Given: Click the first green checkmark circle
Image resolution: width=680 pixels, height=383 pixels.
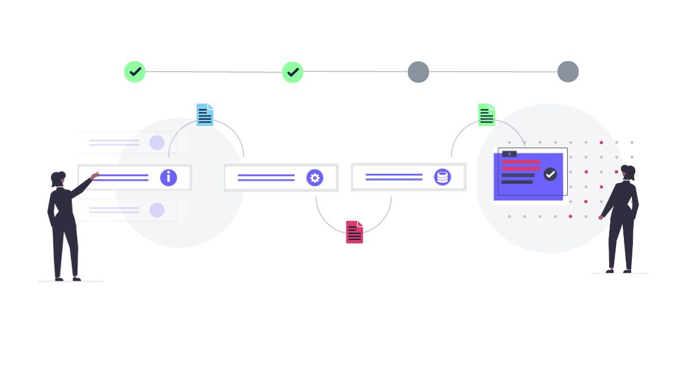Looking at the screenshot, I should tap(135, 72).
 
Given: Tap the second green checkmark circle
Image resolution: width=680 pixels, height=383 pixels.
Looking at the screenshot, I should tap(293, 72).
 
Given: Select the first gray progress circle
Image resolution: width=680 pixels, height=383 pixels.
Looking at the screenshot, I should tap(418, 72).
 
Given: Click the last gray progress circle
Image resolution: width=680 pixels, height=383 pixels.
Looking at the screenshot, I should tap(568, 72).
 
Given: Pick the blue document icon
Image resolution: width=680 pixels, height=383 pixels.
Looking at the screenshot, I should tap(205, 115).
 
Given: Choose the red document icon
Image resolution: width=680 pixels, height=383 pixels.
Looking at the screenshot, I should tap(355, 232).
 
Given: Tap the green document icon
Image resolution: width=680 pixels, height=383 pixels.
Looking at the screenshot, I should tap(487, 115).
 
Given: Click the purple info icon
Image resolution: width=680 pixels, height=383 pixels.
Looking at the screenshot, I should tap(168, 178).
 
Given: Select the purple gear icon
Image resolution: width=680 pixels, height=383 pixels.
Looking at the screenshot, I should tap(315, 178).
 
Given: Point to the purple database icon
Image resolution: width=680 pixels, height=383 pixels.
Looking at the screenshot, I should tap(443, 177).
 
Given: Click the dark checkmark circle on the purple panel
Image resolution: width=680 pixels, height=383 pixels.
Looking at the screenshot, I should tap(550, 174).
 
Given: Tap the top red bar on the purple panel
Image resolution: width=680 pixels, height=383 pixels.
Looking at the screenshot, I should tap(521, 162).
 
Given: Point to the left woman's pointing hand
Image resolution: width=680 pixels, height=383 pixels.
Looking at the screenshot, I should tap(95, 175).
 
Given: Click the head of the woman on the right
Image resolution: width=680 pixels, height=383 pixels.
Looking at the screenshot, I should tap(627, 171).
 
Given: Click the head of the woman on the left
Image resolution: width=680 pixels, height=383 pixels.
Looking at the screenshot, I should tap(58, 178).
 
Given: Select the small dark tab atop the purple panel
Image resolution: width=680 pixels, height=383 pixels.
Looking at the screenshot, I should tap(509, 154).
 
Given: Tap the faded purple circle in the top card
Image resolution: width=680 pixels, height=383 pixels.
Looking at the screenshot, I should tap(157, 142).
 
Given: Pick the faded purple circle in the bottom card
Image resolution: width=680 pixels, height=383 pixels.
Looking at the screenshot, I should tap(157, 211).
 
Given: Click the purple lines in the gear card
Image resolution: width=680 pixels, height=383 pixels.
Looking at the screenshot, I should tap(266, 178).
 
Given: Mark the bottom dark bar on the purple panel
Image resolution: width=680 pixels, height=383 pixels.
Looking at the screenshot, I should tap(517, 182).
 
